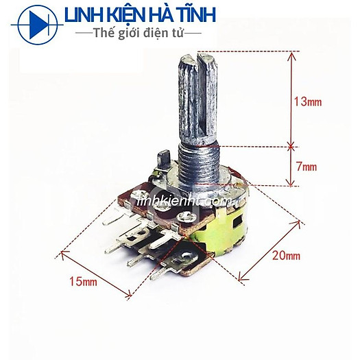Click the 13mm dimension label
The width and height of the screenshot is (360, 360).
308,101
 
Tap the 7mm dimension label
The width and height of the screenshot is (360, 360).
307,166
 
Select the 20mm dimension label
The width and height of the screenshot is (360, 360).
287,255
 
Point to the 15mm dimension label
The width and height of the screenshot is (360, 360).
84,281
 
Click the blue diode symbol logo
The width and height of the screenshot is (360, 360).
38,25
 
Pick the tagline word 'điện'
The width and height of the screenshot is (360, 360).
157,34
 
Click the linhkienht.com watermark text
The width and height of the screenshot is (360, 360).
185,202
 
